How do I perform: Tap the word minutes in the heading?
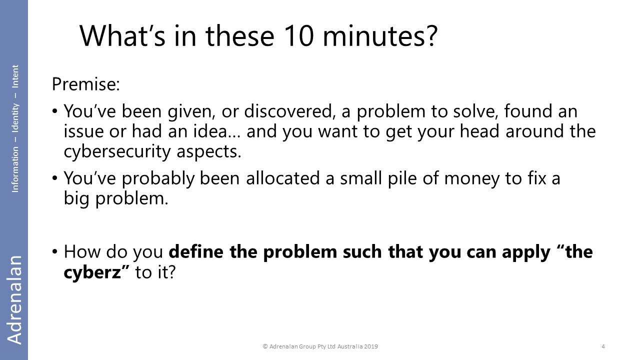380,36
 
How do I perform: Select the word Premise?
85,84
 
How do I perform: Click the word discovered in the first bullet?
289,111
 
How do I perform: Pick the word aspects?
209,152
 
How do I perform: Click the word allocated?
282,178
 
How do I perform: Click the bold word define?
196,251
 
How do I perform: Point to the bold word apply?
526,252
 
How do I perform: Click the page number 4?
603,346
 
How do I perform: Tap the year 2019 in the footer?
371,346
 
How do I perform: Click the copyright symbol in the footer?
265,346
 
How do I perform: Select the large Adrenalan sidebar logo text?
14,299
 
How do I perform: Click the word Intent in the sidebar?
15,76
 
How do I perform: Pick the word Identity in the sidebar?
15,117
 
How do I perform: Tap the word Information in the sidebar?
15,169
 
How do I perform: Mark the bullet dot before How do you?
55,251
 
